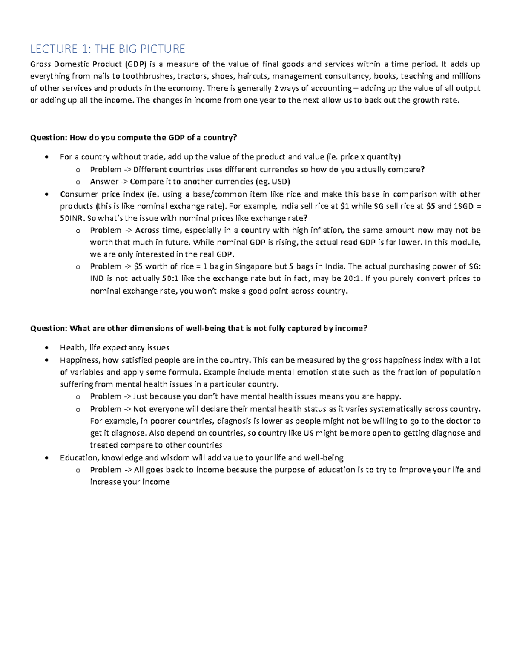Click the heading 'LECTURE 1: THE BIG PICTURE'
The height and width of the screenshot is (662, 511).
pyautogui.click(x=107, y=49)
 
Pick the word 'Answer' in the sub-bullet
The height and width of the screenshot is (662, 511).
pyautogui.click(x=104, y=182)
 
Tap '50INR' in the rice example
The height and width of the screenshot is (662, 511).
pyautogui.click(x=72, y=218)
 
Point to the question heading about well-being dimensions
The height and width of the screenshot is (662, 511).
pyautogui.click(x=198, y=328)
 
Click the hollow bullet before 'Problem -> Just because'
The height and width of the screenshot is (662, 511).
pyautogui.click(x=78, y=397)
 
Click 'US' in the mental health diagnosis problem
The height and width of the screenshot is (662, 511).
pyautogui.click(x=308, y=433)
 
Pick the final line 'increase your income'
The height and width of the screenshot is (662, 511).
pyautogui.click(x=130, y=482)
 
